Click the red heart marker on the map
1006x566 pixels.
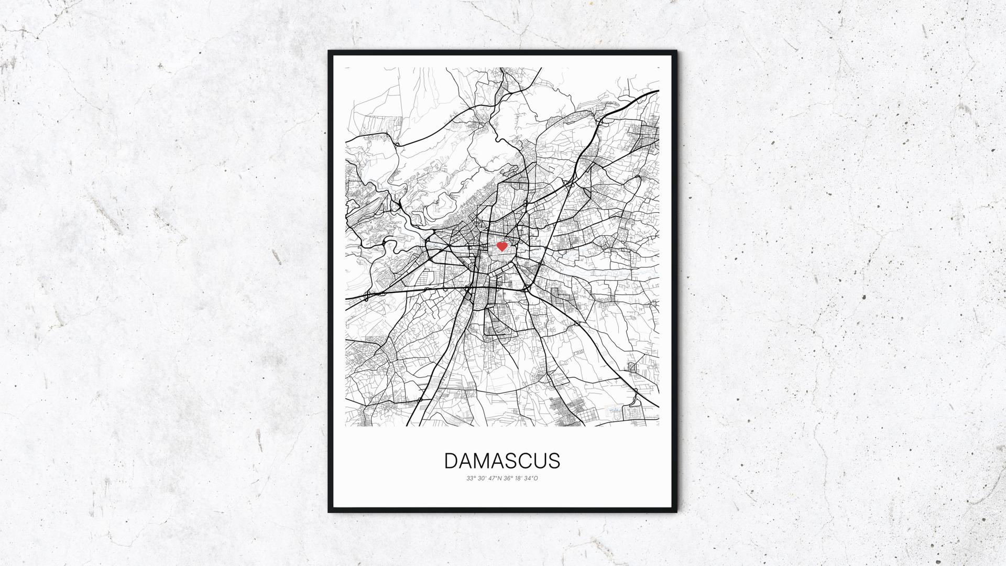[x=502, y=246]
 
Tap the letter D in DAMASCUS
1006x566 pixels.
[x=451, y=461]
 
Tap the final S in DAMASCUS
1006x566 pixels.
[x=554, y=461]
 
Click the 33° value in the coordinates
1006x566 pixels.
[x=471, y=478]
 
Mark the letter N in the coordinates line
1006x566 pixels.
[x=499, y=478]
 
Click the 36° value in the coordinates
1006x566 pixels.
[x=508, y=478]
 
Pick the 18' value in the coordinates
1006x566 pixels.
[x=519, y=478]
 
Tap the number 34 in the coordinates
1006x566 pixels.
[x=528, y=478]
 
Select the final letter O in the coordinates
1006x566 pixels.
[x=535, y=478]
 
